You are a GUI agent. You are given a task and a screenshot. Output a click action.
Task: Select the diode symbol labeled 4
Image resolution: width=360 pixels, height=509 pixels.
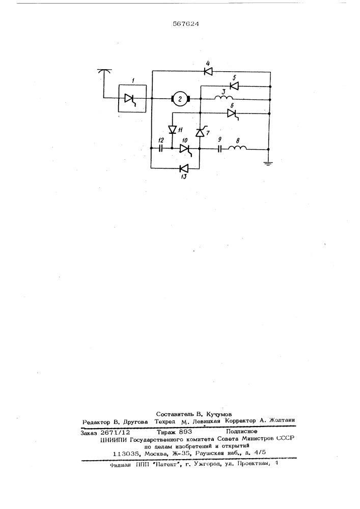tap(208, 71)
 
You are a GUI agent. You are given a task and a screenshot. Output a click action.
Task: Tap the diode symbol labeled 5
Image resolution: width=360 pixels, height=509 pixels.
tap(234, 86)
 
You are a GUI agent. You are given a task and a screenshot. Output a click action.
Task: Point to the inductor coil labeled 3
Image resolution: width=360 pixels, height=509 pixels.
tap(224, 97)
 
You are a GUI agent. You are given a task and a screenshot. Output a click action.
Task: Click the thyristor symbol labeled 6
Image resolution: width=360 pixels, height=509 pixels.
tap(232, 114)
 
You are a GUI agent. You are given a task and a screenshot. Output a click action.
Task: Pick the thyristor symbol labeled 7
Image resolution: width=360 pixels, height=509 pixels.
tap(200, 132)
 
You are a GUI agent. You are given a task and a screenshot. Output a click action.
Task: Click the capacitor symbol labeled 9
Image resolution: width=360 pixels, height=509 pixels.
tap(220, 149)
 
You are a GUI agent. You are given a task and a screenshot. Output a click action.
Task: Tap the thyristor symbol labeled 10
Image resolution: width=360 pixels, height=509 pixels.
tap(185, 149)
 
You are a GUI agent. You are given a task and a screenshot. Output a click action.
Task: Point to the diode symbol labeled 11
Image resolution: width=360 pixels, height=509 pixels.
tap(172, 130)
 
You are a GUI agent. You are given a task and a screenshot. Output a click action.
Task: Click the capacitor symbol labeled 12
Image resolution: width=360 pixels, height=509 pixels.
tap(161, 149)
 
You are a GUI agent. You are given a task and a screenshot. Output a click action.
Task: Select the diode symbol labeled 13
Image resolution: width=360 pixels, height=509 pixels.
tap(184, 168)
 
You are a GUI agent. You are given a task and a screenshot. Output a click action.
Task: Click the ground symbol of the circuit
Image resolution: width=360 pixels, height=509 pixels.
tap(268, 163)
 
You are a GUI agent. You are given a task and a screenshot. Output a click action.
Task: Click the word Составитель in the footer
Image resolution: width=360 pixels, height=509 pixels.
tap(174, 414)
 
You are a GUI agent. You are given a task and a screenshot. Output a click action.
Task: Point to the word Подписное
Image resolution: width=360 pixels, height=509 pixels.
tap(242, 432)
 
